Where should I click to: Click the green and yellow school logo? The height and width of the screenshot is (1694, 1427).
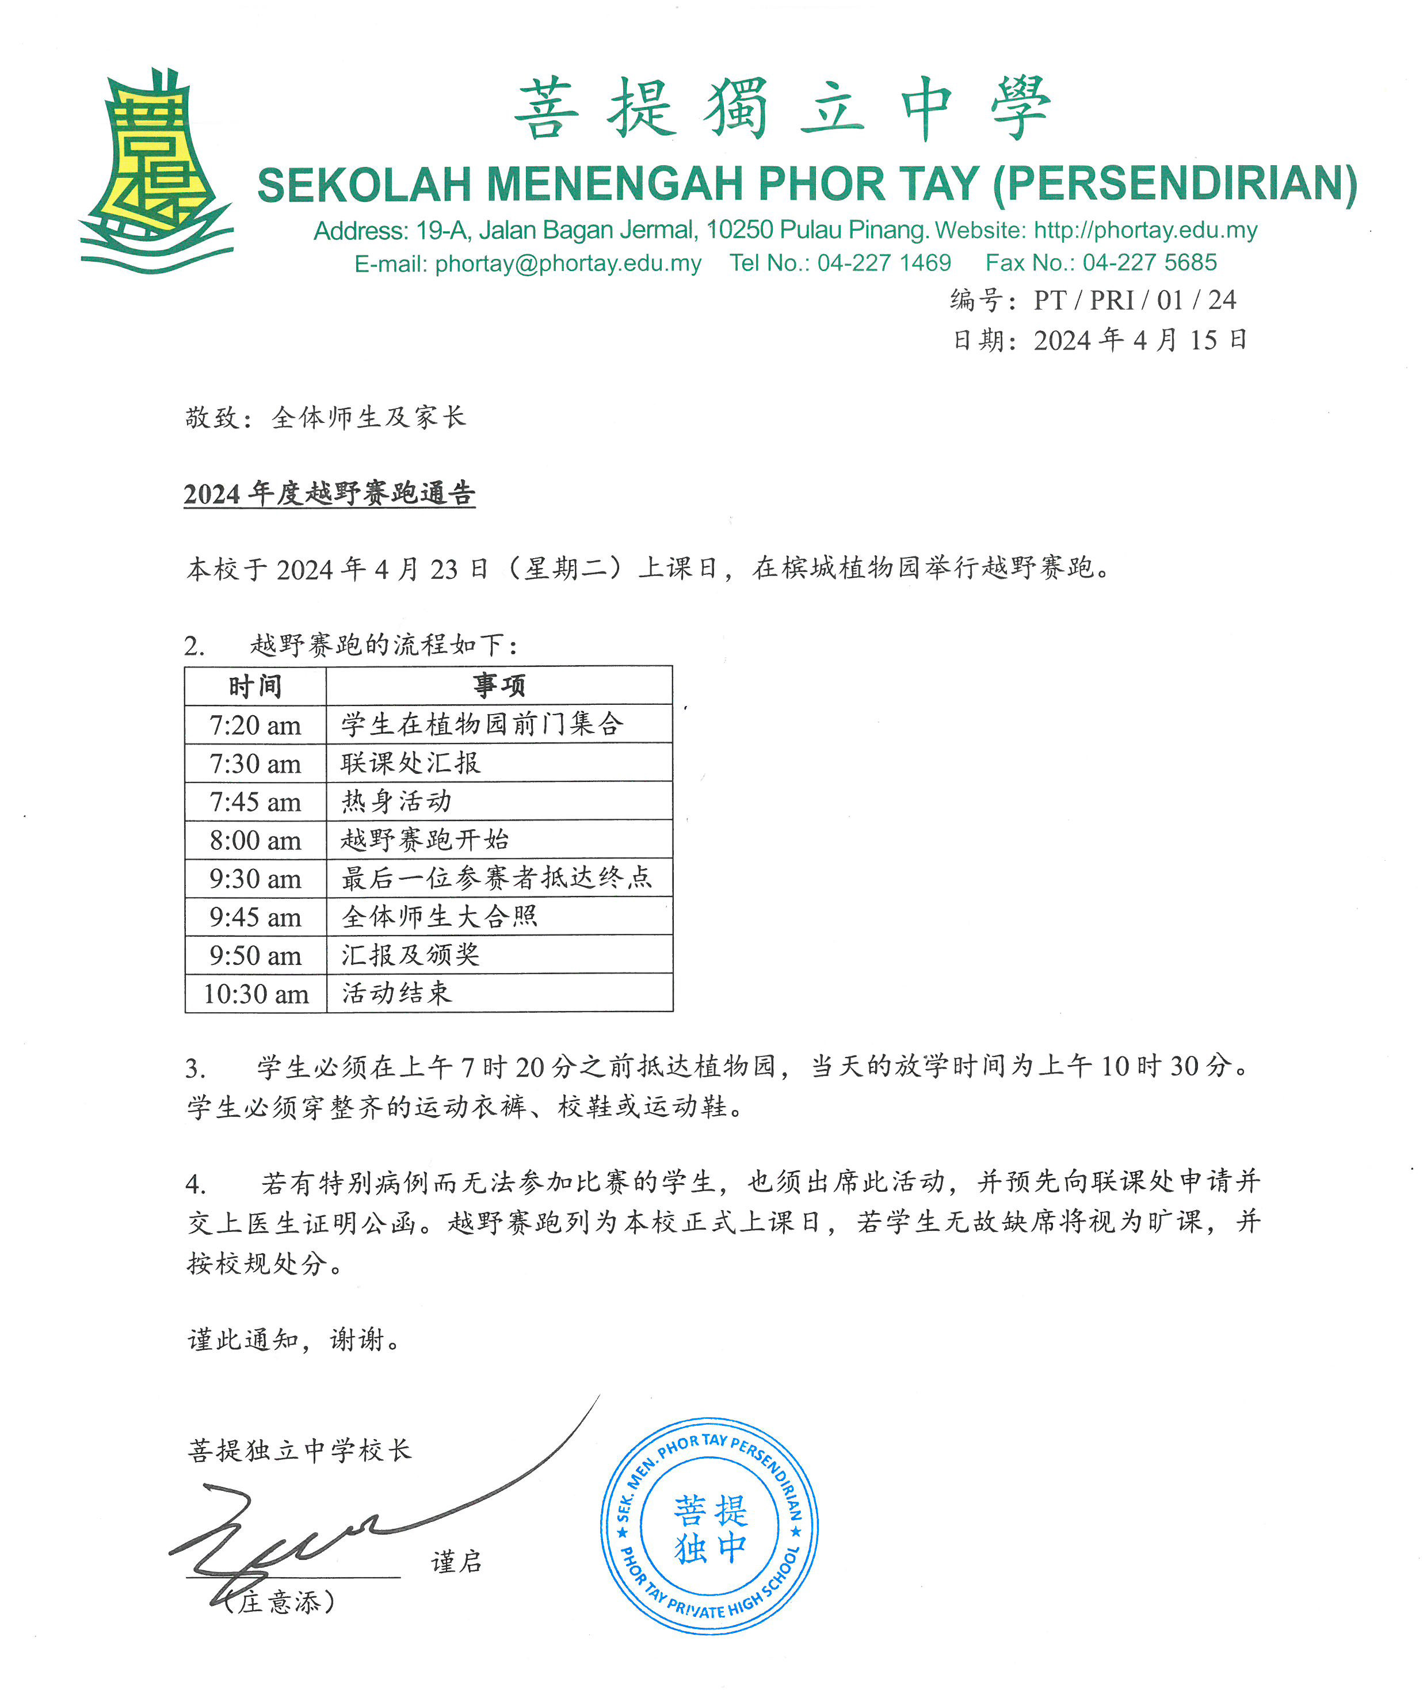(x=155, y=171)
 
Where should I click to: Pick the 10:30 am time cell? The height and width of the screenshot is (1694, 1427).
(x=255, y=993)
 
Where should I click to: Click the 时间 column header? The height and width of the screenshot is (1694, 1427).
(x=255, y=686)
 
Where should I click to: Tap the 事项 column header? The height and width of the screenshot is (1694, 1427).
(x=499, y=686)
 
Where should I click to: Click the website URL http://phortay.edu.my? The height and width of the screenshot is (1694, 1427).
(x=1146, y=231)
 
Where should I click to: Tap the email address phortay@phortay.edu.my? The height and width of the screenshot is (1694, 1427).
(x=568, y=264)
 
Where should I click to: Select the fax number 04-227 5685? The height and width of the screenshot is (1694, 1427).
(x=1149, y=263)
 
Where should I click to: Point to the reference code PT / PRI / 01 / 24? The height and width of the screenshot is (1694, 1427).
(x=1134, y=301)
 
